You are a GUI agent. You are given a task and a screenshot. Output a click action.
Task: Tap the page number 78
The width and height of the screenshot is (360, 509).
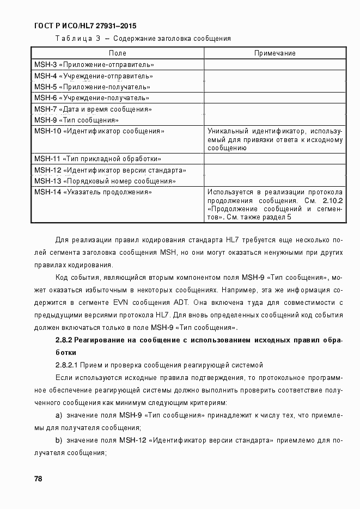coord(38,479)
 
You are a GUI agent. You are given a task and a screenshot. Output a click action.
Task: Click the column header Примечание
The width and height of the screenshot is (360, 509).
coord(275,53)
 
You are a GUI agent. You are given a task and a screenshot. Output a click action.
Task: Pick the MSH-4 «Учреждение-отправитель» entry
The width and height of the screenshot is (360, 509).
coord(93,76)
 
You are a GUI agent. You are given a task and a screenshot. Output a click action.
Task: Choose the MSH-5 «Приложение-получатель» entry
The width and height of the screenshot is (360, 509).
coord(92,87)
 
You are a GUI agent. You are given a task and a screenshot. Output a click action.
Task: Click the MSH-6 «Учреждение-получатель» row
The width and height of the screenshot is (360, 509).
coord(91,98)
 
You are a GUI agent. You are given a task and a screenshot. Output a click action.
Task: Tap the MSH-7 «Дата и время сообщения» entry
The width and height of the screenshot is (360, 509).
coord(93,109)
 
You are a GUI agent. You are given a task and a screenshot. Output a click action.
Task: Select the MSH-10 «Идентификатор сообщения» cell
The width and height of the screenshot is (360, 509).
coord(99,131)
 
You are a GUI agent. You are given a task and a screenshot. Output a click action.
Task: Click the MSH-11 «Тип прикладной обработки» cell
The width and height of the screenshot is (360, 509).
coord(97,159)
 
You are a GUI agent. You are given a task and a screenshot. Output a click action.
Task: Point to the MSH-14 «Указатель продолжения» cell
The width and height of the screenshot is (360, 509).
coord(93,192)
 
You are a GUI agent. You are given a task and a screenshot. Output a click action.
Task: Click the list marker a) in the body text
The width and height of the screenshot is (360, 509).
coord(58,415)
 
